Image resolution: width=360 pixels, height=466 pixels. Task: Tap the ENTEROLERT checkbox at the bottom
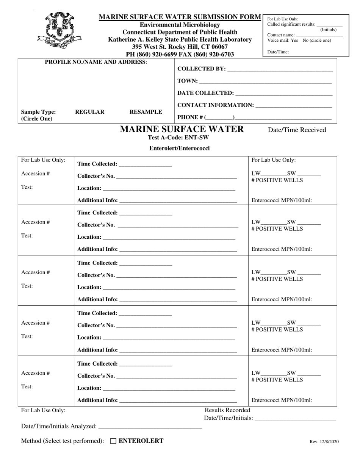pos(113,441)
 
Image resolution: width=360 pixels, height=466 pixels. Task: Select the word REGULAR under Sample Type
pos(90,112)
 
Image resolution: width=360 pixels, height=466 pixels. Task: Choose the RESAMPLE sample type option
pos(146,112)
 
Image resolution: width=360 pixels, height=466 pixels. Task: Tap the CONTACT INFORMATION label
pos(216,105)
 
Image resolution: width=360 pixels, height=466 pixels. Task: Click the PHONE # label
pos(190,117)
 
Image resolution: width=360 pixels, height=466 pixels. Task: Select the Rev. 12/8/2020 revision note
pos(324,442)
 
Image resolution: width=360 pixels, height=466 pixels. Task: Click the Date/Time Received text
pos(297,130)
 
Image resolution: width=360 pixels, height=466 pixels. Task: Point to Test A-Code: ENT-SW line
pos(178,138)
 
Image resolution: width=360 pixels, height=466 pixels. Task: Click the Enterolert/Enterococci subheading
pos(179,148)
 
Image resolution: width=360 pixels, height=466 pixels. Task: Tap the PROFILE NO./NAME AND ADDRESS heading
pos(96,62)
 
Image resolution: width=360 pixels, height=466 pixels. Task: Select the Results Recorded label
pos(227,410)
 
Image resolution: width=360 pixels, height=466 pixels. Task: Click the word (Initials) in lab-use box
pos(328,30)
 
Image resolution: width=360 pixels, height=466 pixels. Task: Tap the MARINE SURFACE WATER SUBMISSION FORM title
pos(180,17)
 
